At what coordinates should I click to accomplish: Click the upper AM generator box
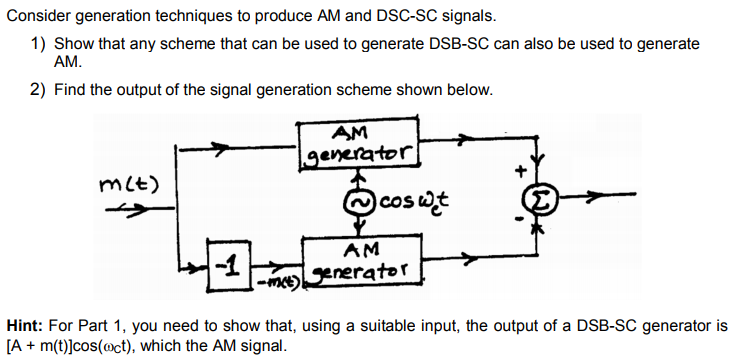click(358, 143)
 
